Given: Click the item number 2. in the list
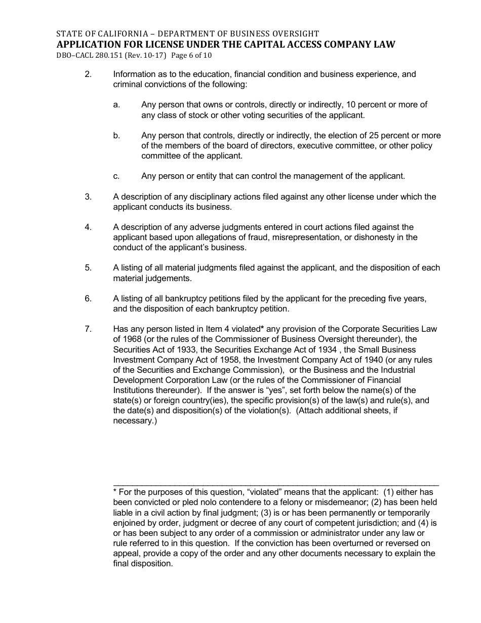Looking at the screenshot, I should pos(88,74).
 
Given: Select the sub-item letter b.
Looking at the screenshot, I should pos(116,136).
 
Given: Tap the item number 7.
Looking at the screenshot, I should pos(88,329).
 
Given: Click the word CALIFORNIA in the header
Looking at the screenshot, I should pos(111,34).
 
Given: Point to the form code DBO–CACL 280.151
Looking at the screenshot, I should pos(91,55).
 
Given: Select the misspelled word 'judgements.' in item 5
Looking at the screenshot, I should pos(167,278).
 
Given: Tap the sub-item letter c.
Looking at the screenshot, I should pos(116,176).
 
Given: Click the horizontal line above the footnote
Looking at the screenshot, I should pos(276,485).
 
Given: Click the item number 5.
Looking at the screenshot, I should pos(88,268).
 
